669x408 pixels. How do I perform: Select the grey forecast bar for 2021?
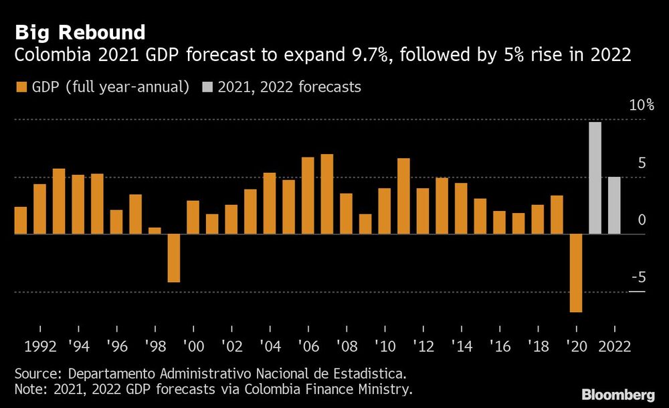(595, 178)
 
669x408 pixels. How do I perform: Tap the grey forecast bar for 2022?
(614, 206)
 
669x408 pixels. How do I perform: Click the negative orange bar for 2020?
(575, 273)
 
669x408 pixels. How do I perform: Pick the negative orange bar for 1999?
(174, 258)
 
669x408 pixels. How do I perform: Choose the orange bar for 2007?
(326, 194)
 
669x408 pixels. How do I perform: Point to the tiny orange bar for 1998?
(155, 231)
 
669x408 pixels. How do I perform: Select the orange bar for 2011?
(403, 196)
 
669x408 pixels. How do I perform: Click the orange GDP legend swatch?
(20, 87)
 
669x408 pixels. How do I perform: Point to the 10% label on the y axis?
(641, 106)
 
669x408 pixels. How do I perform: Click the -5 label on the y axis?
(638, 277)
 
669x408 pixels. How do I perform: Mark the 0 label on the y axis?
(642, 220)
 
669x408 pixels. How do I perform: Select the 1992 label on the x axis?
(39, 348)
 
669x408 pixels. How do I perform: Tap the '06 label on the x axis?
(308, 348)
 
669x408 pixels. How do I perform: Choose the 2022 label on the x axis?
(613, 348)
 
